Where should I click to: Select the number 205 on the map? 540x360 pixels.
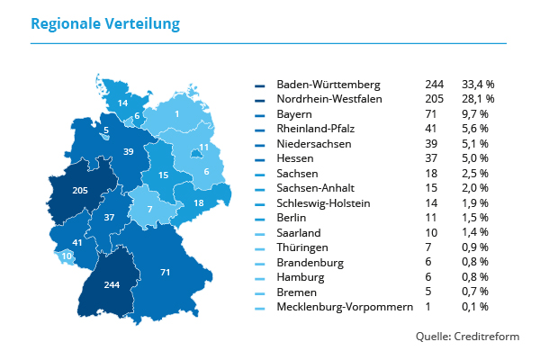click(79, 190)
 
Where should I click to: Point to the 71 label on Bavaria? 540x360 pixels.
click(165, 272)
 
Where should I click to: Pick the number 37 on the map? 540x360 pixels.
click(109, 218)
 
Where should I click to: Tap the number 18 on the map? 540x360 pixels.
click(199, 203)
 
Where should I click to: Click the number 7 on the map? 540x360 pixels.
click(149, 210)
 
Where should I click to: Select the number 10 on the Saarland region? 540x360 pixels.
click(67, 256)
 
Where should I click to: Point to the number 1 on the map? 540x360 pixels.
click(176, 114)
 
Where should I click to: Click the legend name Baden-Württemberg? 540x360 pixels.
click(329, 84)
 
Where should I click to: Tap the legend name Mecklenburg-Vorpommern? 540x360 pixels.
click(345, 307)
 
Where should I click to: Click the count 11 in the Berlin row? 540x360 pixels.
click(431, 218)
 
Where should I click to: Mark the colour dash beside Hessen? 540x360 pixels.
click(260, 158)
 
